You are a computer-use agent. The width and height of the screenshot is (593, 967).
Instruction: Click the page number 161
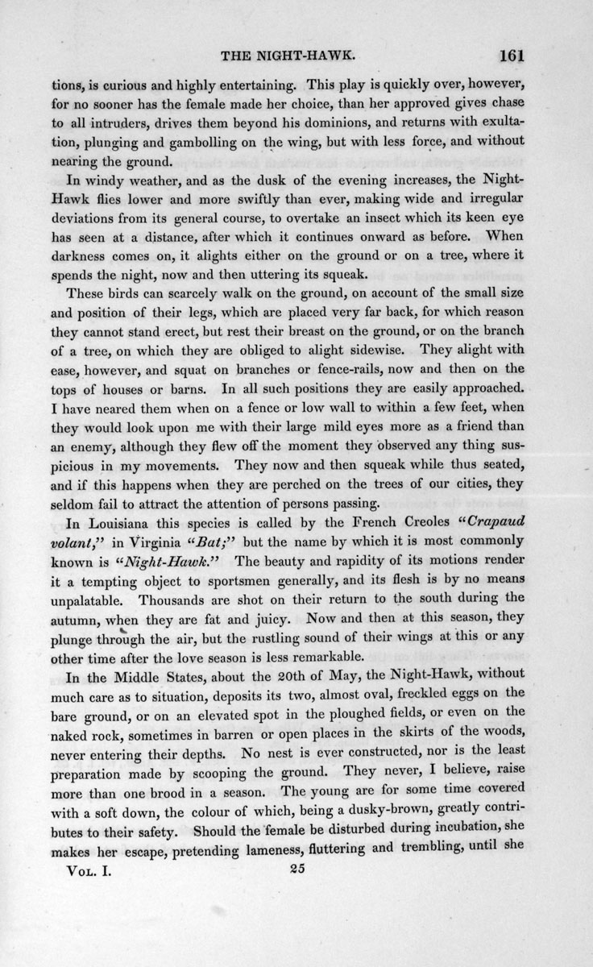512,56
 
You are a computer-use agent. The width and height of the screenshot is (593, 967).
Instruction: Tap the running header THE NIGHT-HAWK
288,57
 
